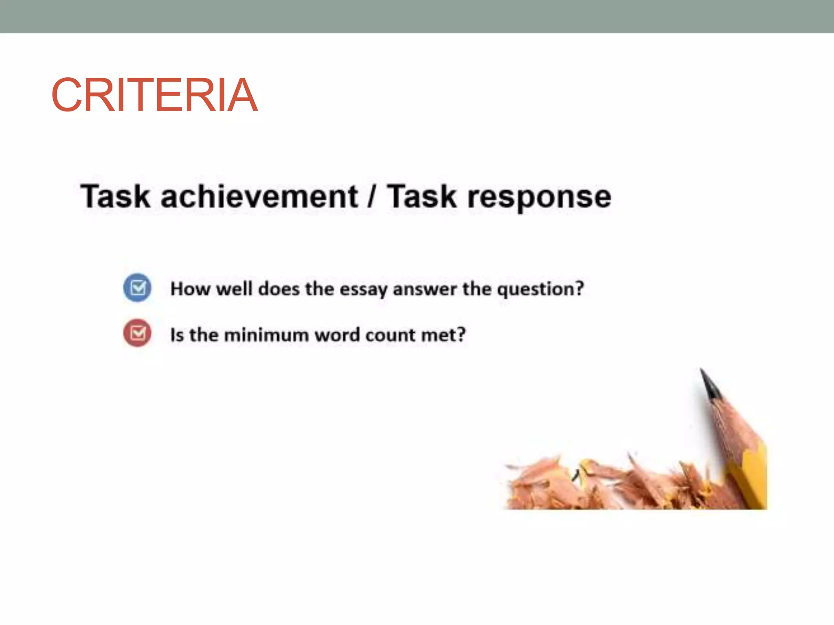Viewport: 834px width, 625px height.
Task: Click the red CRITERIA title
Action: pos(154,95)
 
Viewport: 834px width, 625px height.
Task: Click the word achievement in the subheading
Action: pos(259,197)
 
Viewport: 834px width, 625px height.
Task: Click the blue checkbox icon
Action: pos(138,288)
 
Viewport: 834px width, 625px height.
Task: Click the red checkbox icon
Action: pos(138,333)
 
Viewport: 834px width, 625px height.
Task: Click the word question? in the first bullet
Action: pos(541,290)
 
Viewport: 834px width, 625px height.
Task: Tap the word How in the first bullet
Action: pos(190,289)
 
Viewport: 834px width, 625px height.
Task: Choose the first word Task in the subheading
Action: pos(115,197)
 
